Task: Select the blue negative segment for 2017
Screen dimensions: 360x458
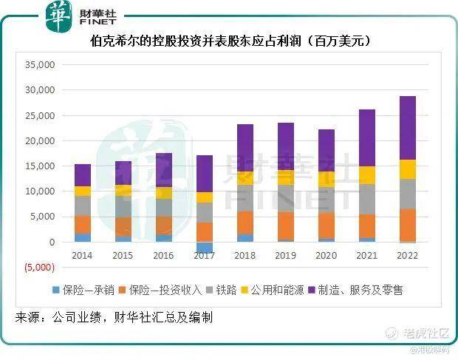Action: click(x=205, y=248)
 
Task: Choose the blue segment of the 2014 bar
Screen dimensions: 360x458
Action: click(x=83, y=237)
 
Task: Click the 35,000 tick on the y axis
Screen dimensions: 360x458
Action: click(x=40, y=65)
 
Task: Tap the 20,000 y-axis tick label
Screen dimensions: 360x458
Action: click(x=40, y=141)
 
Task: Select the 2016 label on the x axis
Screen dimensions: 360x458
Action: click(x=164, y=256)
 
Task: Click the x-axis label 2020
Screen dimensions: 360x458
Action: click(x=326, y=256)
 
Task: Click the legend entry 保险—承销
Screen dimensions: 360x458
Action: click(x=88, y=290)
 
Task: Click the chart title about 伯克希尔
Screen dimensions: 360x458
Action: click(x=229, y=41)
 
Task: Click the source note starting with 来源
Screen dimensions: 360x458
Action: click(x=115, y=317)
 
